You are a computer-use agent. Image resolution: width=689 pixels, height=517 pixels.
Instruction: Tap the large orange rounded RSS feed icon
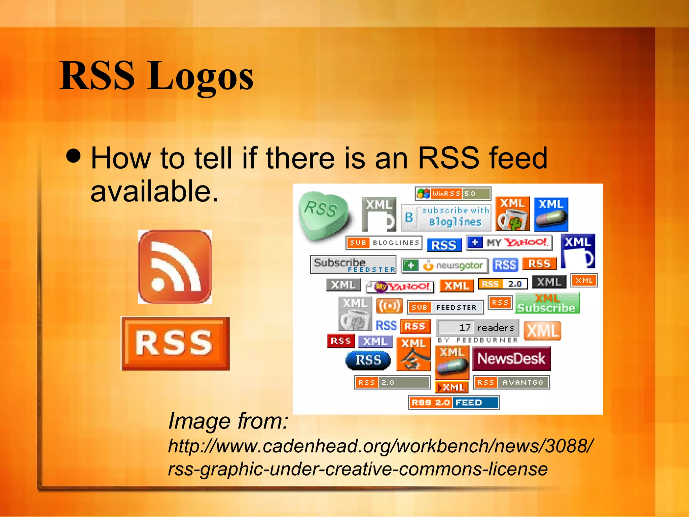point(175,267)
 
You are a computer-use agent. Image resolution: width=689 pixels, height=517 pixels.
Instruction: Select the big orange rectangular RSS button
point(175,343)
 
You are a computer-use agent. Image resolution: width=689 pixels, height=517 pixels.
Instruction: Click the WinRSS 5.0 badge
point(453,194)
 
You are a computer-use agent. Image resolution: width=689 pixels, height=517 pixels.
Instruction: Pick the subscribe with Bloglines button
point(446,217)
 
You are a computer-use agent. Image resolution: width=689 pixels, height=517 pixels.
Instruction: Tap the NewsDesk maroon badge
point(511,359)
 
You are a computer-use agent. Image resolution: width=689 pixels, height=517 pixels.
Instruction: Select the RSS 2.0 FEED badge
point(454,403)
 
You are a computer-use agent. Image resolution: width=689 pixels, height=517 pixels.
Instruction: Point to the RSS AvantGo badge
point(511,382)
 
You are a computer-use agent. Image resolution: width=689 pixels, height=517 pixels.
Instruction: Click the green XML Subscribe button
point(547,303)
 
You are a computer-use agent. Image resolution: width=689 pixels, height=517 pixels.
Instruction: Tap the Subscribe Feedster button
point(353,265)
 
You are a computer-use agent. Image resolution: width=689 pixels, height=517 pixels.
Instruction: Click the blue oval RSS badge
point(368,360)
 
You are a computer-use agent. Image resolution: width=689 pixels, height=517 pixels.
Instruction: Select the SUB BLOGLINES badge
point(384,243)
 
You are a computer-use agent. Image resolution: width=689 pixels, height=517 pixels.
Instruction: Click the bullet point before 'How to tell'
point(74,156)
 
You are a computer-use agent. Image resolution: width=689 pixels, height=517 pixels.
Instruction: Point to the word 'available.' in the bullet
point(155,191)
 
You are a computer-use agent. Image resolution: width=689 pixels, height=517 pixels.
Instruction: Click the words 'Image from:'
point(228,421)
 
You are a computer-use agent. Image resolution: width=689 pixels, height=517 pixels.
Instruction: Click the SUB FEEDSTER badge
point(445,307)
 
